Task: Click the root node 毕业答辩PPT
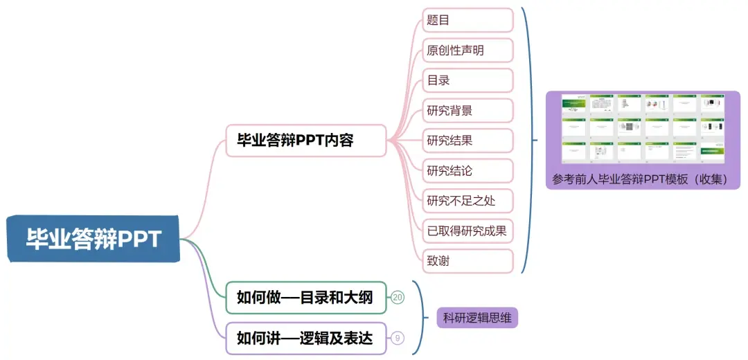click(93, 240)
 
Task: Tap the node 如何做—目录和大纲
click(305, 298)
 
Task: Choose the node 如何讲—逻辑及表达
click(305, 338)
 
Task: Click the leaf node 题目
click(467, 20)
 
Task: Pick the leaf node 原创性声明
click(467, 50)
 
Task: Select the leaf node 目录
click(467, 80)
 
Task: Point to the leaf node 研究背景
click(467, 110)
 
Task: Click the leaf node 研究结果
click(467, 141)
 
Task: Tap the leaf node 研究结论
click(467, 170)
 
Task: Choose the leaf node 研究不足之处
click(467, 201)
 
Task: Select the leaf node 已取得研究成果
click(467, 231)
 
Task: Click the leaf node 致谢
click(467, 261)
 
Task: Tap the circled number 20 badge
click(398, 298)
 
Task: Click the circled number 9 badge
click(398, 338)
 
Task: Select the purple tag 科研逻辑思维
click(477, 318)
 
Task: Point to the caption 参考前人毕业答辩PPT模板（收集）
click(640, 179)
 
